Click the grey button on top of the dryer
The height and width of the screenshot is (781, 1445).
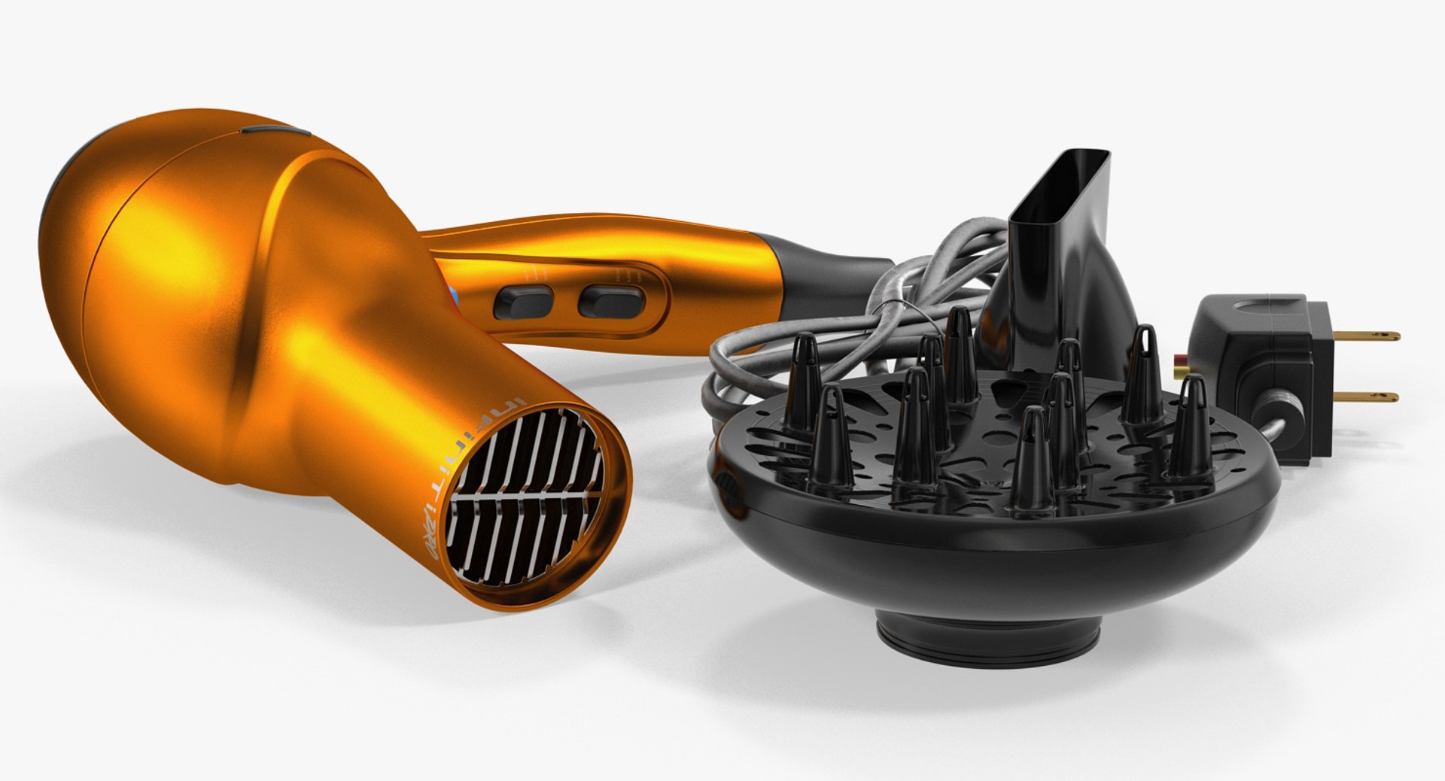[275, 132]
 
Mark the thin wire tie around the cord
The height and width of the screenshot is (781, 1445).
[912, 308]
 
